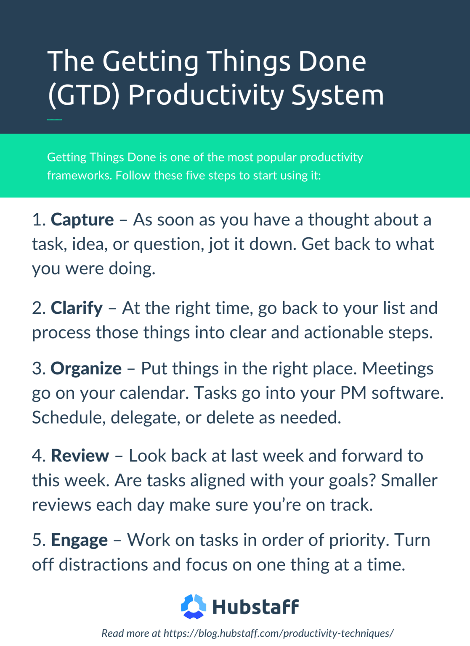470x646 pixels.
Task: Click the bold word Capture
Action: [x=82, y=220]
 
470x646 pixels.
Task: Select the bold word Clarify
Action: [x=77, y=308]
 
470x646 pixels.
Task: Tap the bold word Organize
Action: [x=86, y=369]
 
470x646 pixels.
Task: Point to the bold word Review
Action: [x=80, y=456]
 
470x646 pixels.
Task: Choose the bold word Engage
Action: [x=79, y=540]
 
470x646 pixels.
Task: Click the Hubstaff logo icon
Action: [x=194, y=606]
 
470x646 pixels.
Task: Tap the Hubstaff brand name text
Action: [x=255, y=607]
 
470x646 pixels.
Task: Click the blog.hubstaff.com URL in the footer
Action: [x=279, y=633]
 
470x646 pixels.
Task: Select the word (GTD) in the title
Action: [x=84, y=95]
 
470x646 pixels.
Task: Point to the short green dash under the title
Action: [x=54, y=120]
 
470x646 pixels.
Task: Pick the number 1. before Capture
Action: [x=39, y=220]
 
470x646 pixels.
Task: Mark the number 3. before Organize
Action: [x=39, y=369]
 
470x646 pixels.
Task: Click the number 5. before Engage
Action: [x=39, y=540]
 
